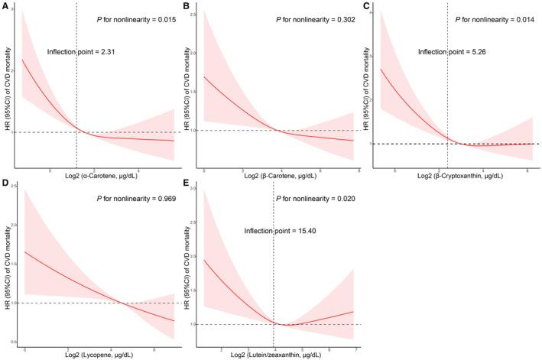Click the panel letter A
pos(5,6)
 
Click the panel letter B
pos(186,6)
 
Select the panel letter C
pos(366,6)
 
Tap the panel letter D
pos(5,183)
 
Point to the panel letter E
pos(186,183)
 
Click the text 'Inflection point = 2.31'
pos(91,52)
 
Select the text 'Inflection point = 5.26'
pos(450,52)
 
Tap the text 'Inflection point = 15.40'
pos(281,229)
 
